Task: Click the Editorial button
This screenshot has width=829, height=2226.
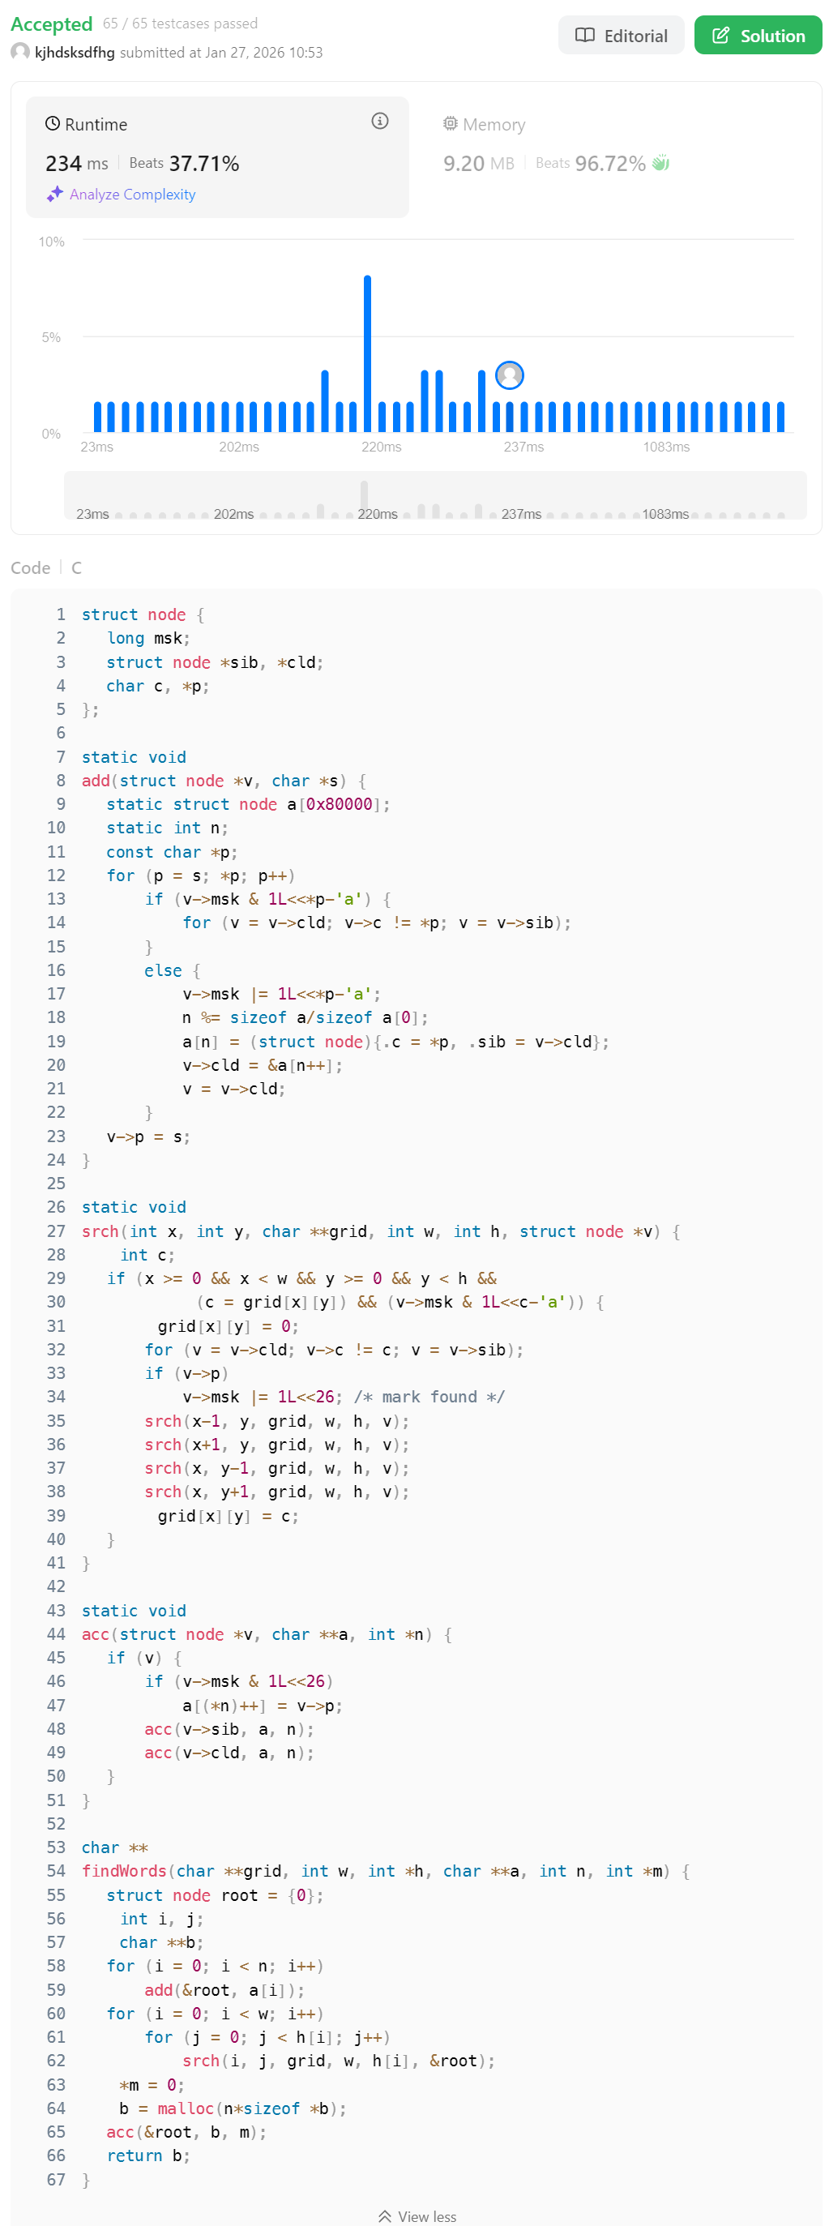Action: [621, 36]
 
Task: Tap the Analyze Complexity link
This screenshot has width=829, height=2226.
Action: [132, 195]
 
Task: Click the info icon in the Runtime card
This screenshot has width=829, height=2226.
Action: [379, 121]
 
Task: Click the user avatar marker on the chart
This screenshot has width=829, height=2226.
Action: [510, 375]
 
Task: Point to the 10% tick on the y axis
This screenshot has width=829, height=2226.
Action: [52, 242]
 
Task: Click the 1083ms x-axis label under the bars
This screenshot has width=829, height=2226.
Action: [666, 447]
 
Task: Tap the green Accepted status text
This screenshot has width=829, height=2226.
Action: [51, 24]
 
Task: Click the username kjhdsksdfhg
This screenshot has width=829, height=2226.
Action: [75, 53]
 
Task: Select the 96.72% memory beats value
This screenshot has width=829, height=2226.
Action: [609, 163]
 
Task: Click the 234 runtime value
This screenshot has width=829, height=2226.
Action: [64, 163]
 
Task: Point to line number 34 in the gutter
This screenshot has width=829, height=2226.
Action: [56, 1397]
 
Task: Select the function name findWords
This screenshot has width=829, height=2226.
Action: [123, 1871]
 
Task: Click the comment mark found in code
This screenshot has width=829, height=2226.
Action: [429, 1397]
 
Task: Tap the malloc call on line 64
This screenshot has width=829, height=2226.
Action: [185, 2108]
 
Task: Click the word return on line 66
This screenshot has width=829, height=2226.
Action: [134, 2155]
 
